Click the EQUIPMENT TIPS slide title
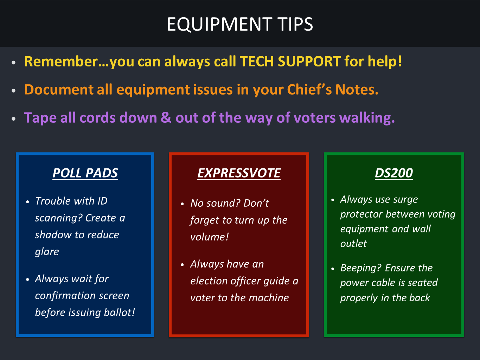240,24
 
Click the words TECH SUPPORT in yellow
290,61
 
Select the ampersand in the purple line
166,117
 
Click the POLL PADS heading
85,173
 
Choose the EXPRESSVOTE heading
239,173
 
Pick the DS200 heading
394,173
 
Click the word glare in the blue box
47,252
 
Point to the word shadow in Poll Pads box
53,235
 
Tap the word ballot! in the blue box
120,312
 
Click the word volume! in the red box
210,237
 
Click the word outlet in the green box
353,244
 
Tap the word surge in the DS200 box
406,200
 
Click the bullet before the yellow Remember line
14,63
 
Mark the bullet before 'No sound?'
183,204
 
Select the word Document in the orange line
59,89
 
